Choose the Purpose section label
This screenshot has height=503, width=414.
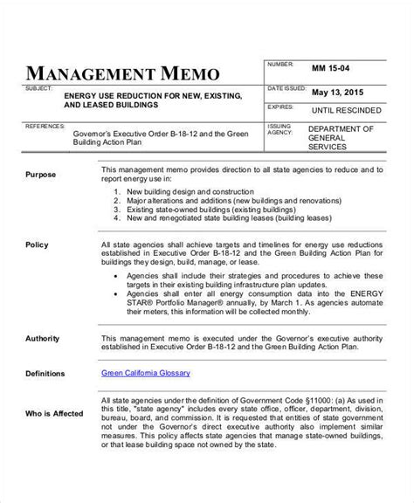[x=40, y=175]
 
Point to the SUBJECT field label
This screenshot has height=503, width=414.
[x=38, y=87]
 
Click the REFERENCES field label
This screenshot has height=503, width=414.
[x=43, y=127]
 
